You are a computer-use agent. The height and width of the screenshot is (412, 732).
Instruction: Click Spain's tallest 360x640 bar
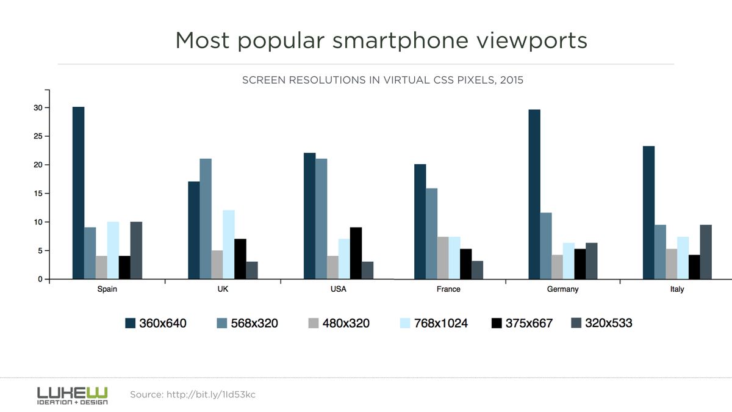(78, 193)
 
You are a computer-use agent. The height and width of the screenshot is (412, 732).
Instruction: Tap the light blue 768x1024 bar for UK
(229, 244)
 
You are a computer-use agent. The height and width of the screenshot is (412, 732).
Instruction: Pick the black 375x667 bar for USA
(356, 253)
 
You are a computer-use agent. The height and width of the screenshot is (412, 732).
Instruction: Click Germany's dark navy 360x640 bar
(534, 194)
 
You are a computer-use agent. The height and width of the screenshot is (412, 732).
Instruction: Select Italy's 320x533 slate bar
(706, 251)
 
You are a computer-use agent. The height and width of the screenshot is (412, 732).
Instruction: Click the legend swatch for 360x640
(130, 323)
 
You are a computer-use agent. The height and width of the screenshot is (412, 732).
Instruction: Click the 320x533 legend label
(608, 323)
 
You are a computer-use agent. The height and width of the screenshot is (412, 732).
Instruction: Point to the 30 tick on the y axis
(37, 108)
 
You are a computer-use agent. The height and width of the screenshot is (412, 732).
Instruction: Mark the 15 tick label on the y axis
(37, 193)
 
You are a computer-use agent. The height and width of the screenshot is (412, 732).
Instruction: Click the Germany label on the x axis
(562, 289)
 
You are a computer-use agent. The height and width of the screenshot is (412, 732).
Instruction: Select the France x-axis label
(448, 289)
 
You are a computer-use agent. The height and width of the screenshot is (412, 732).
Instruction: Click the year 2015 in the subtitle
(511, 80)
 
